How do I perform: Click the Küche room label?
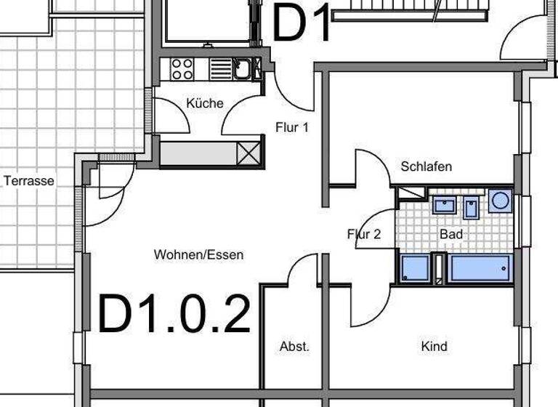click(204, 103)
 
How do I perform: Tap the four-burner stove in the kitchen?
click(182, 69)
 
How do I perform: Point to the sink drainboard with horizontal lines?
click(220, 69)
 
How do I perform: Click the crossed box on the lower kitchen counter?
click(248, 153)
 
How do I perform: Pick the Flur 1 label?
click(292, 127)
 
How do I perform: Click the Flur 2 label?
click(363, 234)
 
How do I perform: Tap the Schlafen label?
click(426, 166)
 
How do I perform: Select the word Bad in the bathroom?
click(450, 234)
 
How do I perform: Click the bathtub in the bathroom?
click(480, 267)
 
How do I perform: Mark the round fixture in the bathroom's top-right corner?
click(500, 201)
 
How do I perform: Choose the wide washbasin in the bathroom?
click(443, 205)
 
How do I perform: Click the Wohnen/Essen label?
click(198, 254)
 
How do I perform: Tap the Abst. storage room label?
click(294, 347)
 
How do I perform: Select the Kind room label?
click(434, 347)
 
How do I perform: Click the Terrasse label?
click(29, 180)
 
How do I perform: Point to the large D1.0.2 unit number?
click(174, 314)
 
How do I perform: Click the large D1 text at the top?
click(302, 23)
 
